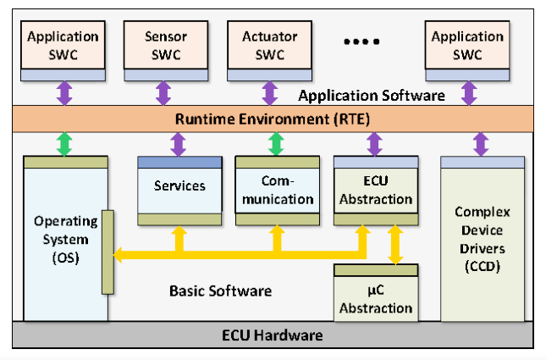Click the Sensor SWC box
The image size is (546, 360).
click(166, 46)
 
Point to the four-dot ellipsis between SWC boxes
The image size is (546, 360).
click(365, 40)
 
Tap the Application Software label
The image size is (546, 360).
click(372, 96)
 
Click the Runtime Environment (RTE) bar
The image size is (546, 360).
click(273, 119)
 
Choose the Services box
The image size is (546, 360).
click(179, 186)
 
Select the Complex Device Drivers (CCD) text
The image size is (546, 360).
click(481, 240)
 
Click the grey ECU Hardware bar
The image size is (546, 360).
click(273, 335)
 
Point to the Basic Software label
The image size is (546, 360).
click(220, 291)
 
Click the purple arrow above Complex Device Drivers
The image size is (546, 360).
click(480, 143)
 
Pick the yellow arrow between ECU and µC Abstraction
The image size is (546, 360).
click(393, 245)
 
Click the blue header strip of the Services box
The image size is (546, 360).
click(179, 162)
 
